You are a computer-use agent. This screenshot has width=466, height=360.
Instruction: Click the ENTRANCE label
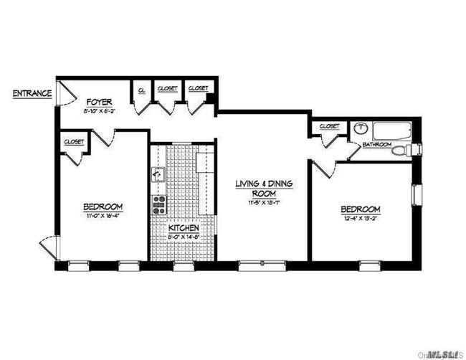31,94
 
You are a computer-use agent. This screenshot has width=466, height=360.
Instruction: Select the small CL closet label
141,90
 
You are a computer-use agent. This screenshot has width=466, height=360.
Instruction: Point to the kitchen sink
158,174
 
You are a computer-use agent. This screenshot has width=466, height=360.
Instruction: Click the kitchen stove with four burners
158,204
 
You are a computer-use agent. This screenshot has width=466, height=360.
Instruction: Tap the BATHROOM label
377,144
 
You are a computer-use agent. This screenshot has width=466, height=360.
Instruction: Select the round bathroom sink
360,129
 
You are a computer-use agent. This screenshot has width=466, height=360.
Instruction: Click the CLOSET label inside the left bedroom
74,141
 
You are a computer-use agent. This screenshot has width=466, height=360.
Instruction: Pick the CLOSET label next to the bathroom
329,126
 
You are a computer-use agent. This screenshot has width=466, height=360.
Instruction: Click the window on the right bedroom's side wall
414,195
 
